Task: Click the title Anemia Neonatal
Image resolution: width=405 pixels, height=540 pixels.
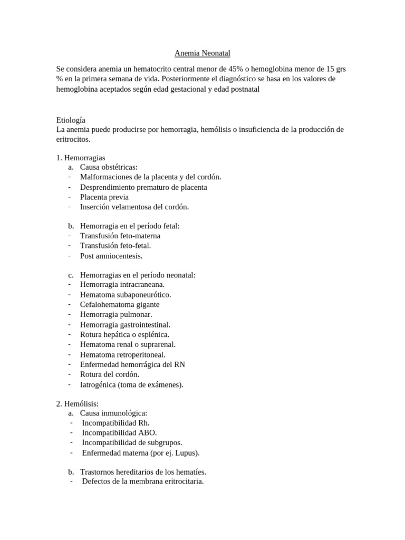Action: click(x=202, y=53)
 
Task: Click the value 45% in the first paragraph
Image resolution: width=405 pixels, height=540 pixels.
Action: click(x=235, y=69)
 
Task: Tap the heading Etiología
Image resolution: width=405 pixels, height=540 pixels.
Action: click(x=71, y=120)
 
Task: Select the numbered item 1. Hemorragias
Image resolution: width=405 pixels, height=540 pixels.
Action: click(x=81, y=158)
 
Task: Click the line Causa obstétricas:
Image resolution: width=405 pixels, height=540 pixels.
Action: click(x=109, y=167)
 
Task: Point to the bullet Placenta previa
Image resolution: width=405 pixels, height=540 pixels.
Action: click(x=104, y=197)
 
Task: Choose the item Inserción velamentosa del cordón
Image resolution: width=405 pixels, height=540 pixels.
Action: click(x=134, y=207)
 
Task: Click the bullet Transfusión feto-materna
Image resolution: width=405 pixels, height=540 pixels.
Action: click(x=120, y=236)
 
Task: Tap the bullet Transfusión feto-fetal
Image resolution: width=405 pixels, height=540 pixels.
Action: click(x=115, y=246)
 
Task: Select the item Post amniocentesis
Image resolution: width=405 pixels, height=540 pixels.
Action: click(x=111, y=256)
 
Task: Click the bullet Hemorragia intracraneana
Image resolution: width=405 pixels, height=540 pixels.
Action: click(x=122, y=284)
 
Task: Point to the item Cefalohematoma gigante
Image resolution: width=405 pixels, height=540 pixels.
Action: click(x=120, y=304)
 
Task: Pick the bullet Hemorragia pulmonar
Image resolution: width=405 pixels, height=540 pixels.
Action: click(x=116, y=314)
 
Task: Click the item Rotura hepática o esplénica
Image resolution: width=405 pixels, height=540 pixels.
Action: click(x=124, y=334)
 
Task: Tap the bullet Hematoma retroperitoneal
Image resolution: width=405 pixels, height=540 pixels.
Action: click(x=122, y=354)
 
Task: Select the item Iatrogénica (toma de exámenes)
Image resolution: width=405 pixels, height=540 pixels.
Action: click(x=132, y=384)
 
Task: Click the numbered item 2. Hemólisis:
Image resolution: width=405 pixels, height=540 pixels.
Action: click(x=78, y=403)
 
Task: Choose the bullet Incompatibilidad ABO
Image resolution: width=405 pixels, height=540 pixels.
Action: click(x=119, y=432)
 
